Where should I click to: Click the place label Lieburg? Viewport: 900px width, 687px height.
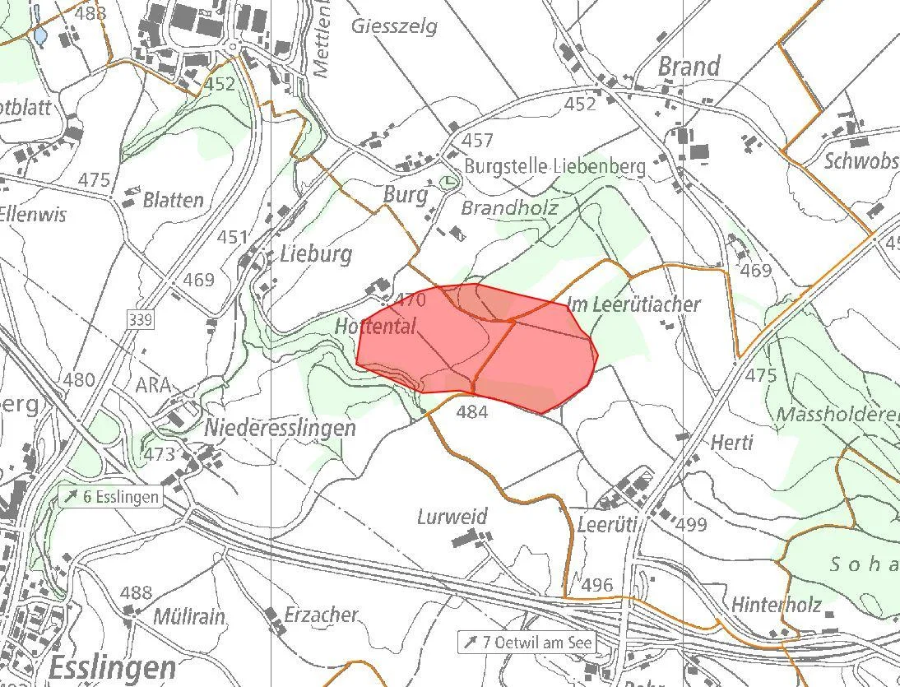coord(315,253)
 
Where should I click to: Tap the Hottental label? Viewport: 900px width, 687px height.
coord(375,327)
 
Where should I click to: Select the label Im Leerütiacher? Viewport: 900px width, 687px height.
coord(633,304)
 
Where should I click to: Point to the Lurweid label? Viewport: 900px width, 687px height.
coord(452,518)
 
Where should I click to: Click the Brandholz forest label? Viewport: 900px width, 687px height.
coord(509,208)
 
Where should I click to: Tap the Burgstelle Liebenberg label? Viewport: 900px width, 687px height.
coord(555,166)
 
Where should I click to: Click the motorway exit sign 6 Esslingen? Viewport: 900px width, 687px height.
coord(109,497)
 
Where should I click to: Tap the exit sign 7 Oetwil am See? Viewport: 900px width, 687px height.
coord(527,642)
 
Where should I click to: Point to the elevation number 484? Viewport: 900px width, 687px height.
coord(472,411)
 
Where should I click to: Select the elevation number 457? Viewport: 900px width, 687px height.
coord(477,140)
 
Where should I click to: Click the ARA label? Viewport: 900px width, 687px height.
coord(153,385)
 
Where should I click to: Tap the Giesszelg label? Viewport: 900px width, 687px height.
coord(394,26)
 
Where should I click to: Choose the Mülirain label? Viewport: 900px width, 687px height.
coord(189,616)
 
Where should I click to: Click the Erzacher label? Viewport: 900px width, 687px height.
coord(322,615)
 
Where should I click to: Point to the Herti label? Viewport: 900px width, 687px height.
coord(731,443)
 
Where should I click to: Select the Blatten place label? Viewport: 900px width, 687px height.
coord(173,200)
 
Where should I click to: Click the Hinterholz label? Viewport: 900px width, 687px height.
coord(777,605)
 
